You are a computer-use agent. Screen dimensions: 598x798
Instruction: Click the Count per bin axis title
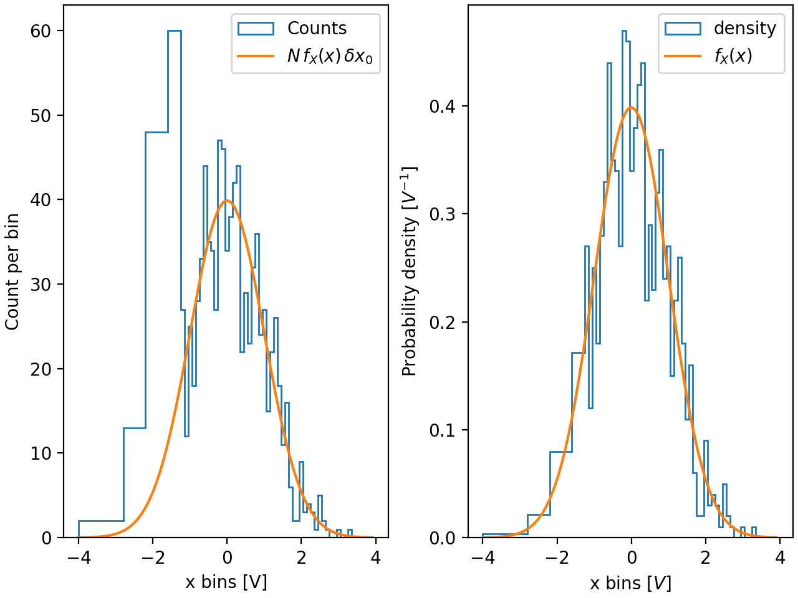tap(12, 272)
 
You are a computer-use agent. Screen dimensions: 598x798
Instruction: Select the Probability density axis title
tap(409, 272)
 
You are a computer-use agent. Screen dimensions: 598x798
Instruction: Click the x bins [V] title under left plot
tap(226, 582)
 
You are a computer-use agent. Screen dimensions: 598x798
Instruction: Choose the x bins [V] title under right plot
tap(630, 583)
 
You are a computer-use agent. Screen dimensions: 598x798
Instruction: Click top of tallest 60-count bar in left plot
tap(174, 31)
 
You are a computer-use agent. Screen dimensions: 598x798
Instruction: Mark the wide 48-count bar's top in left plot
tap(156, 132)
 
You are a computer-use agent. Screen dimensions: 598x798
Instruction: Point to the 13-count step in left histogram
tap(134, 428)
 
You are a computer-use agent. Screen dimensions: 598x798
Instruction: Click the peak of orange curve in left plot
tap(227, 201)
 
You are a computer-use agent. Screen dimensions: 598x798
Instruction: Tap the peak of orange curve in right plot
tap(631, 107)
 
